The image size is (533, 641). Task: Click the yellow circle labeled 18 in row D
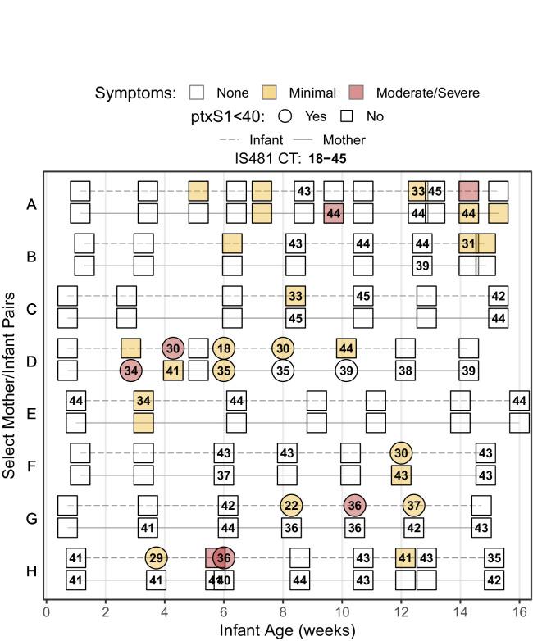pos(224,348)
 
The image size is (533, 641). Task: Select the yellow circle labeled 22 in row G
pos(290,505)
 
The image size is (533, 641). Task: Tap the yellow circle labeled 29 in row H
pos(156,557)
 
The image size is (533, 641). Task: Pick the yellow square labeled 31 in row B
pos(468,243)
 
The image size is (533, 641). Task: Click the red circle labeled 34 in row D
pos(131,370)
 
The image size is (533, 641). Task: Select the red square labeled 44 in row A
pos(334,213)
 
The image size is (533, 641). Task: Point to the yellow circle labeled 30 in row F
pos(401,453)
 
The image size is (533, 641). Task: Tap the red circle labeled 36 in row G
pos(354,505)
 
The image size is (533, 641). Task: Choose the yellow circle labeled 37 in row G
pos(414,505)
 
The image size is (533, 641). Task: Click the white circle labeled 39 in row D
pos(345,370)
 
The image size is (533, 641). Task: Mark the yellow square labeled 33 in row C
pos(296,296)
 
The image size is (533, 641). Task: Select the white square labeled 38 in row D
pos(405,370)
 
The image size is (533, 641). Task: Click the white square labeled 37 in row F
pos(224,475)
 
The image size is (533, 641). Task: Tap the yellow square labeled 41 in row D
pos(173,370)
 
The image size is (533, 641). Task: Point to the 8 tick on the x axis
pos(283,611)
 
